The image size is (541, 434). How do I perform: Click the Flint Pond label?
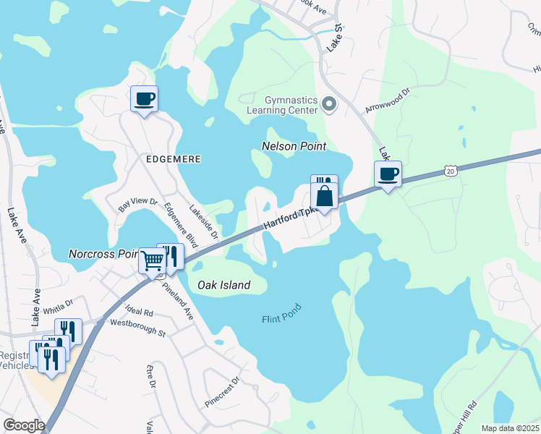tap(281, 314)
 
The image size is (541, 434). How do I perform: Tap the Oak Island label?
tap(225, 285)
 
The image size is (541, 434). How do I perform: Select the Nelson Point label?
tap(294, 146)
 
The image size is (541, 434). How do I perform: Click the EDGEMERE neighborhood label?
tap(173, 158)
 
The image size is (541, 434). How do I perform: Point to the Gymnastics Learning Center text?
tap(282, 104)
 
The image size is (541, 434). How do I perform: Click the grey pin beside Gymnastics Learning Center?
tap(329, 105)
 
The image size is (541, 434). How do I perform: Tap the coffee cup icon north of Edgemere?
tap(144, 98)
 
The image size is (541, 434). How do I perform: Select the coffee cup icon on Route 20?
tap(388, 174)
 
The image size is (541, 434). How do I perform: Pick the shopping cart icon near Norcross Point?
tap(152, 261)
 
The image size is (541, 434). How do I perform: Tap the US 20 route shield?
tap(451, 171)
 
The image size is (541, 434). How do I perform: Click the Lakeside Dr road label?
tap(204, 221)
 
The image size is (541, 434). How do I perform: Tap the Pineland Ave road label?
tap(178, 302)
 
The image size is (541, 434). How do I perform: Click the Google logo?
tap(23, 425)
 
